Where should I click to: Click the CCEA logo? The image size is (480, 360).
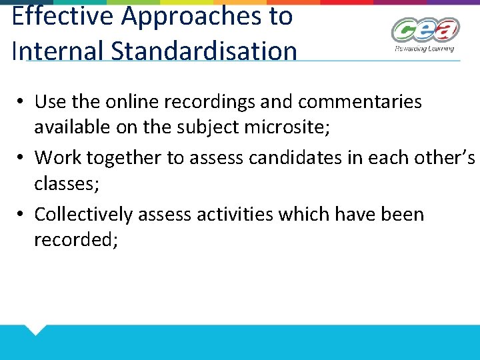click(x=425, y=31)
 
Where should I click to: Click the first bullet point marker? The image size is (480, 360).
click(x=21, y=101)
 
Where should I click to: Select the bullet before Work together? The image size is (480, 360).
click(x=21, y=157)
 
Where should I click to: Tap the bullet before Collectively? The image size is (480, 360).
click(x=21, y=214)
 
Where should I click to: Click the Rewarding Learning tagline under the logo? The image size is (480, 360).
click(x=424, y=48)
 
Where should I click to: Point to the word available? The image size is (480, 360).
click(x=73, y=127)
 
